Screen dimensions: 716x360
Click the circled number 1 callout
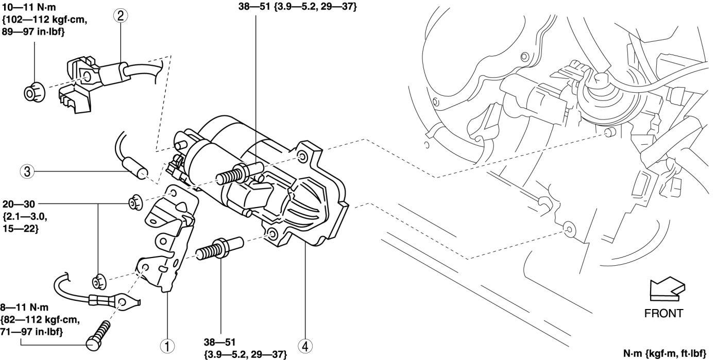pos(167,346)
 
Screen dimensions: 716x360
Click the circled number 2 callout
pos(121,15)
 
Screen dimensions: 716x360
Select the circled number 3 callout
pos(27,172)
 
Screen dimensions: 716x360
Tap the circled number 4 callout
pos(305,346)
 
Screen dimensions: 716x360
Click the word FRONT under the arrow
pos(663,313)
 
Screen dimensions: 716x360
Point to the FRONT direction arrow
pos(668,289)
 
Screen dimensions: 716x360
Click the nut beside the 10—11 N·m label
pos(35,92)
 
